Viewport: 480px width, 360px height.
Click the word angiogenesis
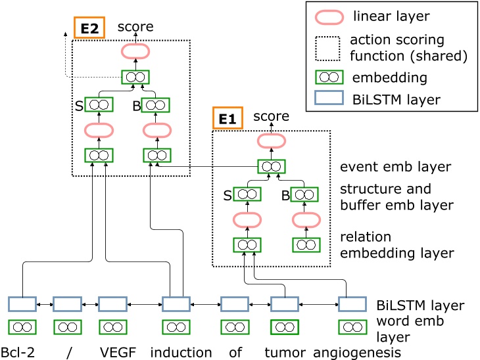(356, 351)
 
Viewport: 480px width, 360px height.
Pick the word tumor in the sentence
(285, 351)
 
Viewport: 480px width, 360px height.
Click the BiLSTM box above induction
(176, 304)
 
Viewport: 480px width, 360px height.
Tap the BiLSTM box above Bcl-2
(22, 304)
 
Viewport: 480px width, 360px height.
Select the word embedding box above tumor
(285, 326)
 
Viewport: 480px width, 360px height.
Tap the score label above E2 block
(135, 27)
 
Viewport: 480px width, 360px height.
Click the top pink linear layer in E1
(271, 141)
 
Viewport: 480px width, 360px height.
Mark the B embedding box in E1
(304, 194)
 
